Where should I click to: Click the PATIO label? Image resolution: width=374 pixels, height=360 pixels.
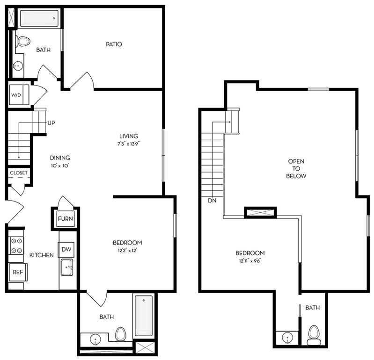113,44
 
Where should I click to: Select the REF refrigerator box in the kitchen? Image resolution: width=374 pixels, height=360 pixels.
18,272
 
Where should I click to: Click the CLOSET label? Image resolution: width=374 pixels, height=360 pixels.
19,173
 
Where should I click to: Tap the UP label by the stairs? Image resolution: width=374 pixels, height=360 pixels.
51,123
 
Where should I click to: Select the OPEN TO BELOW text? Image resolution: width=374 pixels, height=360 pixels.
297,169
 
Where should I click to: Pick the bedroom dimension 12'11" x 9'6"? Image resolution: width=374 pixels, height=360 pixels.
250,260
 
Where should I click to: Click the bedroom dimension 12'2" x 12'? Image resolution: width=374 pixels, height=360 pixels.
127,250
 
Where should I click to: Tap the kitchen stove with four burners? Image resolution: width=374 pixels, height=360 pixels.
16,246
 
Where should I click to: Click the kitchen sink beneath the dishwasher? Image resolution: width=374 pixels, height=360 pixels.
66,268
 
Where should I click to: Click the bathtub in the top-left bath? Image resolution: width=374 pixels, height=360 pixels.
38,19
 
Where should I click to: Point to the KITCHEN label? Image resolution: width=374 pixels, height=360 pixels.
41,255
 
